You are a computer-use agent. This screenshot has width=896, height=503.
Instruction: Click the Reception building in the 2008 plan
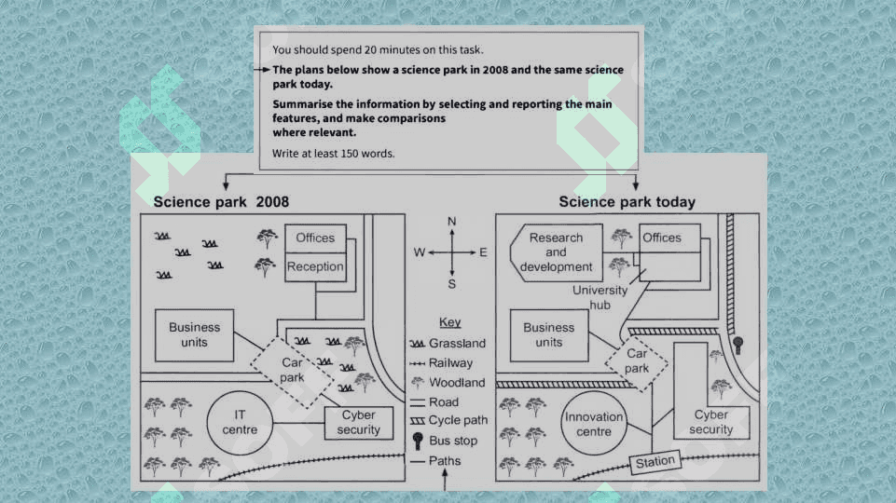pyautogui.click(x=315, y=267)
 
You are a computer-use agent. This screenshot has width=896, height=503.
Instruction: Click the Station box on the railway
pyautogui.click(x=655, y=462)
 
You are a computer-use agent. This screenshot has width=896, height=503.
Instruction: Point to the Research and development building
pyautogui.click(x=556, y=252)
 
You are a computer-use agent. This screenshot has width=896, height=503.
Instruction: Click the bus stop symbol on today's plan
pyautogui.click(x=737, y=345)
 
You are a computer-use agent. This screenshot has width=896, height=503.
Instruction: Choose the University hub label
pyautogui.click(x=600, y=297)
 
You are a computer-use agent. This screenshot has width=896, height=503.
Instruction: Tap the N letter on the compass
pyautogui.click(x=452, y=222)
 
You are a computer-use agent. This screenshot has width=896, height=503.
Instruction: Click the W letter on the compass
pyautogui.click(x=420, y=252)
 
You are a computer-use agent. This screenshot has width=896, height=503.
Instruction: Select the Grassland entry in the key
pyautogui.click(x=448, y=344)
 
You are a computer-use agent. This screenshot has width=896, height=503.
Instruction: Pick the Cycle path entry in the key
pyautogui.click(x=449, y=421)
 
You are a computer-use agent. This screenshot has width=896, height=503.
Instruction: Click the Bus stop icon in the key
pyautogui.click(x=418, y=441)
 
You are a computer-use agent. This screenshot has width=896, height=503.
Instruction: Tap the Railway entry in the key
pyautogui.click(x=442, y=363)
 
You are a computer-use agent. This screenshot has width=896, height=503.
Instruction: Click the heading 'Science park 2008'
pyautogui.click(x=221, y=202)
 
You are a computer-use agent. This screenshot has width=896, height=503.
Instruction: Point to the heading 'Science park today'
pyautogui.click(x=627, y=202)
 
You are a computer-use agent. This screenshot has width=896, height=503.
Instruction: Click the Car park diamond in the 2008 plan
pyautogui.click(x=292, y=371)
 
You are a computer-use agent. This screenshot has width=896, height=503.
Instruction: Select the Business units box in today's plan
pyautogui.click(x=549, y=335)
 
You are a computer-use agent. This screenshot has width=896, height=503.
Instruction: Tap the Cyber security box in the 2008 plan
pyautogui.click(x=359, y=423)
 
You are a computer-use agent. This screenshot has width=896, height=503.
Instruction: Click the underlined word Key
pyautogui.click(x=449, y=322)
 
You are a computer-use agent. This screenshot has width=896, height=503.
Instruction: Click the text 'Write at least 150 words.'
pyautogui.click(x=333, y=154)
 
